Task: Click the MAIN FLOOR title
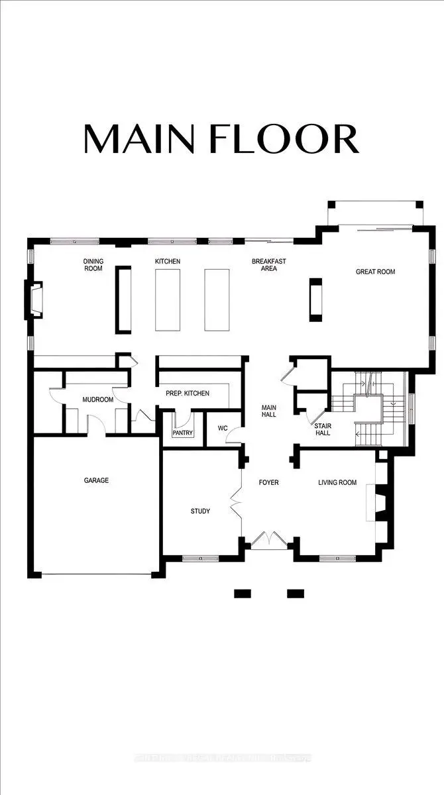pyautogui.click(x=221, y=138)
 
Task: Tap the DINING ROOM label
pyautogui.click(x=93, y=265)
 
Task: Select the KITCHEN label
pyautogui.click(x=168, y=262)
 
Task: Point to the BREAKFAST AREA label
pyautogui.click(x=268, y=265)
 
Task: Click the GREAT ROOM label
pyautogui.click(x=375, y=272)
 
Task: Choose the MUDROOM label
pyautogui.click(x=97, y=400)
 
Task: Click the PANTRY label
pyautogui.click(x=182, y=433)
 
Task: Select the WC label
pyautogui.click(x=223, y=429)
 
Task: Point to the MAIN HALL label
pyautogui.click(x=268, y=411)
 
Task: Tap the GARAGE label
pyautogui.click(x=96, y=480)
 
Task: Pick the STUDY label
pyautogui.click(x=200, y=511)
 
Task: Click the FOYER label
pyautogui.click(x=268, y=482)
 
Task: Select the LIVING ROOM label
pyautogui.click(x=337, y=482)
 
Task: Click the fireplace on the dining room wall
pyautogui.click(x=34, y=300)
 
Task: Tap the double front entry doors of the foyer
pyautogui.click(x=269, y=540)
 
